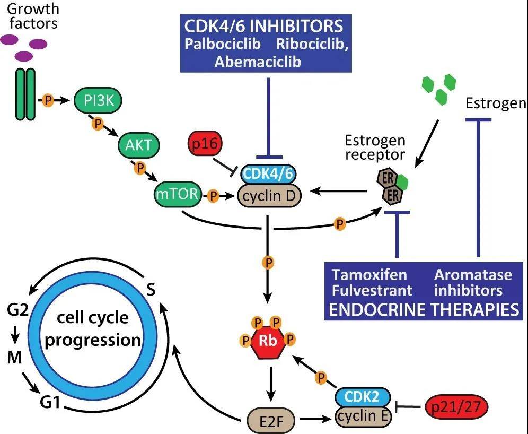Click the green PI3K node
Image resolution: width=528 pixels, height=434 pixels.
[x=98, y=99]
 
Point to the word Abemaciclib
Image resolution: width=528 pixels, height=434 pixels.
[x=258, y=62]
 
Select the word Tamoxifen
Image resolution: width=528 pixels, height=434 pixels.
[x=369, y=275]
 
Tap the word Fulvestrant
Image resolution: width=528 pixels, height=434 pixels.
[x=372, y=291]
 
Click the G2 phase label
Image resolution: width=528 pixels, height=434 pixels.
[x=17, y=309]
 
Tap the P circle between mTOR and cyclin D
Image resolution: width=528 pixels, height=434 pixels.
[x=213, y=196]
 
